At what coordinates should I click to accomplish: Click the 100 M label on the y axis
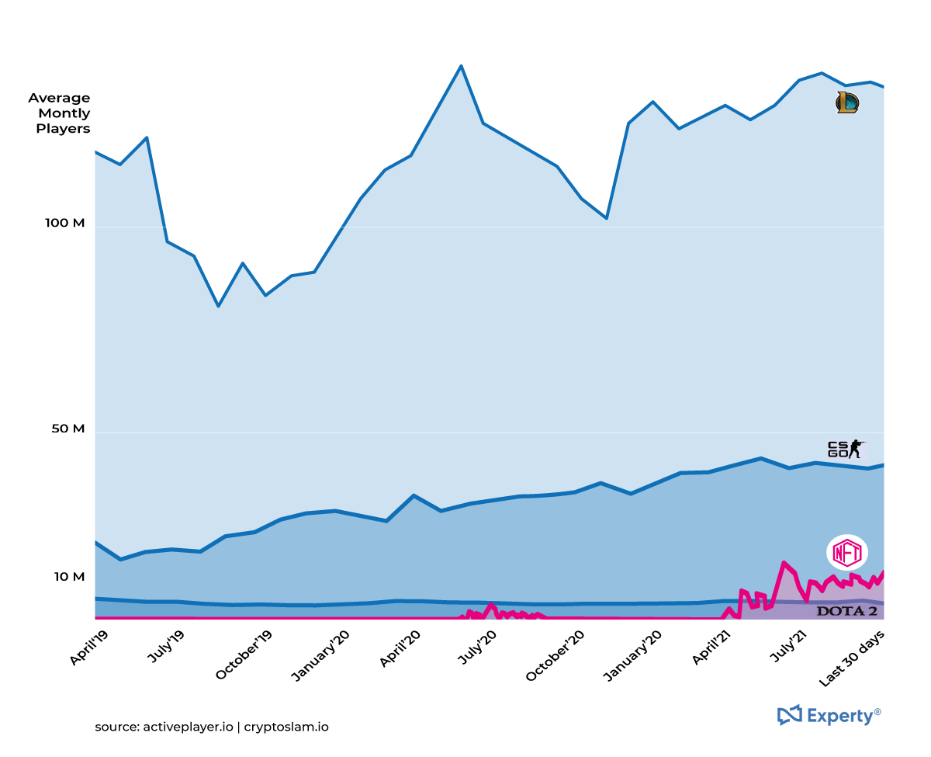[x=66, y=223]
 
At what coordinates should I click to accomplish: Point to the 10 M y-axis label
[x=69, y=577]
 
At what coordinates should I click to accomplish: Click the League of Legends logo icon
[x=846, y=102]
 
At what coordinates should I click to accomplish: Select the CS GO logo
[x=845, y=449]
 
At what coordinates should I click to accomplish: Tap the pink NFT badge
[x=846, y=553]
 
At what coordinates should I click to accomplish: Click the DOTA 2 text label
[x=847, y=611]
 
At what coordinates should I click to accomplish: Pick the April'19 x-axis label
[x=89, y=648]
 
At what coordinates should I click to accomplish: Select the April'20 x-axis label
[x=400, y=649]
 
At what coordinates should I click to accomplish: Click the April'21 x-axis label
[x=711, y=649]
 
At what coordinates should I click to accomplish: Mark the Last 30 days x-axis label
[x=852, y=658]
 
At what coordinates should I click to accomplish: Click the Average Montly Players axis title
[x=60, y=113]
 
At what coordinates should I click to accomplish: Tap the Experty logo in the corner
[x=829, y=715]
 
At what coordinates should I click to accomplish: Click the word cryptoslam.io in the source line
[x=286, y=727]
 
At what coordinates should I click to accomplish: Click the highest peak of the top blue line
[x=461, y=66]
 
